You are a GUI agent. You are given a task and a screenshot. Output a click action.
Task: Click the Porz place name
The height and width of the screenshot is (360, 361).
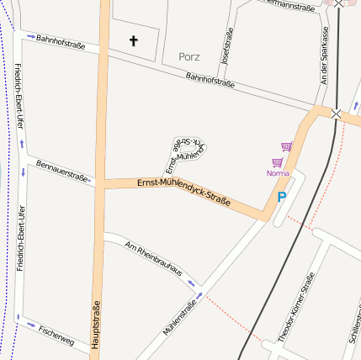coord(190,57)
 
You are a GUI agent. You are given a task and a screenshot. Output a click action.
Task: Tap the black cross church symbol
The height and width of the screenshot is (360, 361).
coord(133,40)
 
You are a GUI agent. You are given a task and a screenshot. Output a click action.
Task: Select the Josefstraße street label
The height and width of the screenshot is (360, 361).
coord(226,45)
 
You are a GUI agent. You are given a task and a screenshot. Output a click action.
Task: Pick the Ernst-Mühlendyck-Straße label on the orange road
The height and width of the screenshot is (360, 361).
coord(184,191)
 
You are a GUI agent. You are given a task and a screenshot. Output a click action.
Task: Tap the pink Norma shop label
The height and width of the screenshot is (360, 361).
coord(277,173)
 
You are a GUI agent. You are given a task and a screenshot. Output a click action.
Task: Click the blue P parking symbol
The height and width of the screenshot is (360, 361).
coord(282,197)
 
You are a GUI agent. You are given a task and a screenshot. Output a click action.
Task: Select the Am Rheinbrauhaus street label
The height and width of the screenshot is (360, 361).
coord(152,259)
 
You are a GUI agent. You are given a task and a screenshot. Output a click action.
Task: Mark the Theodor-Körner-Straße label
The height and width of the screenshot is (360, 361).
coord(296,308)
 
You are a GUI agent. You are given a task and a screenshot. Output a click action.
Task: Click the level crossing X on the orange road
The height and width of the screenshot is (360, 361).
coord(337,113)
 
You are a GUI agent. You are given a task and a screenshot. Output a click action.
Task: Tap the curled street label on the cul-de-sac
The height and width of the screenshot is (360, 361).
coord(185,151)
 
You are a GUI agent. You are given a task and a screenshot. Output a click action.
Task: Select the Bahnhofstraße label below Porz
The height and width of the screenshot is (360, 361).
coord(210,79)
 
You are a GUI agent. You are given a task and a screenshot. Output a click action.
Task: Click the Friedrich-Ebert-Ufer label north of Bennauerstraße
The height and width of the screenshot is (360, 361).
coord(19,97)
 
